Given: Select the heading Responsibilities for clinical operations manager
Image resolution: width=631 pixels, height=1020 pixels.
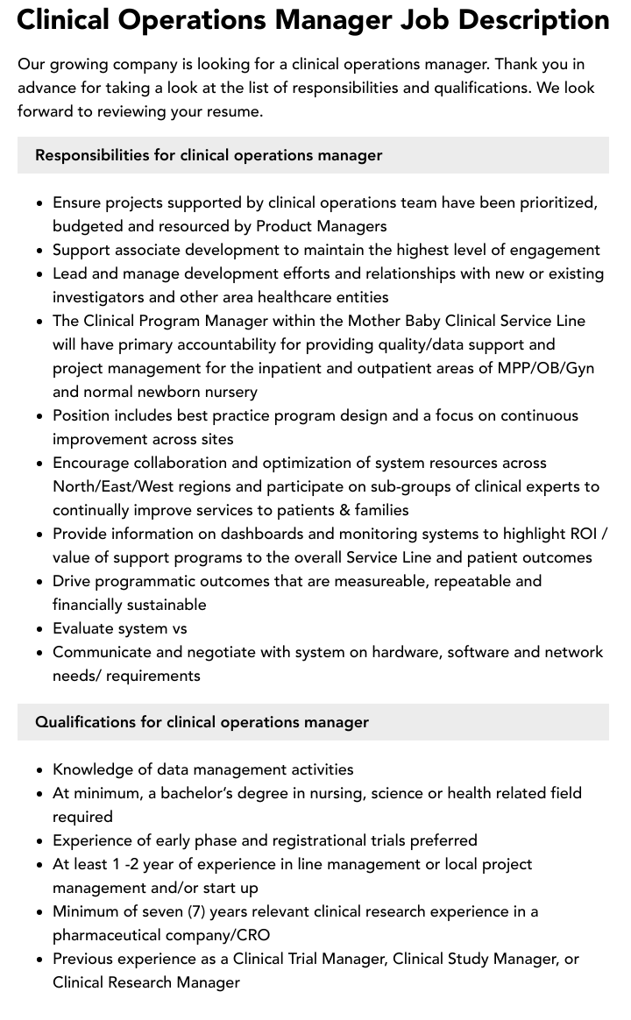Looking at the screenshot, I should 209,155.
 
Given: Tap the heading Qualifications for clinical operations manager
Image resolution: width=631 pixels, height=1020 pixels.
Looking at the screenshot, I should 202,722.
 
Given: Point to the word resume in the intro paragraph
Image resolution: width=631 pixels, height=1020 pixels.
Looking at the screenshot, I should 234,111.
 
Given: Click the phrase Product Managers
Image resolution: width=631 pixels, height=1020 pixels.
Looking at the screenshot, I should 321,226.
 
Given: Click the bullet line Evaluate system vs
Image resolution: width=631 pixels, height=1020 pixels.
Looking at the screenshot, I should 119,628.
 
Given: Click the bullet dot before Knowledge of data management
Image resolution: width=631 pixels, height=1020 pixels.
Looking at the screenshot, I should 40,770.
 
